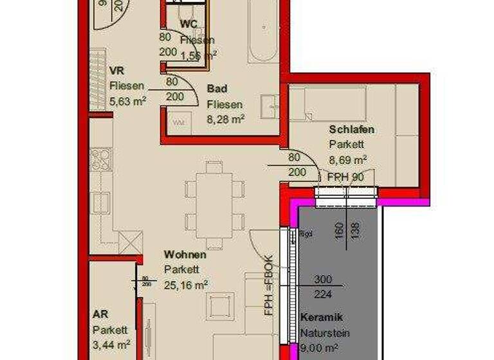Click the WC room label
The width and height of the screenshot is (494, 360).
tap(188, 24)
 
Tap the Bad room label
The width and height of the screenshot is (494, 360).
tap(217, 89)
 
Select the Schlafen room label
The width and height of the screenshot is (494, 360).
tap(351, 130)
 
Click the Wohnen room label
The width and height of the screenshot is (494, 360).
tap(185, 255)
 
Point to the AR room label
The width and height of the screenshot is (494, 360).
tap(100, 315)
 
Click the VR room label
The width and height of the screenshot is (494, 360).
tap(116, 70)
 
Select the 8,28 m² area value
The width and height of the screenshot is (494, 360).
tap(225, 119)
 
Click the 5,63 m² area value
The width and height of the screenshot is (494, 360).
tap(128, 100)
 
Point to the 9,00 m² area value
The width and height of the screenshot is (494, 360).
tap(319, 349)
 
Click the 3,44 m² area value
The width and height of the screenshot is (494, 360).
tap(111, 345)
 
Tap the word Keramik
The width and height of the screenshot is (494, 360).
tap(322, 318)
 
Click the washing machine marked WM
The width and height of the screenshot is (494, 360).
tap(178, 121)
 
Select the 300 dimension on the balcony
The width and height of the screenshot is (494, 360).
tap(323, 280)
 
